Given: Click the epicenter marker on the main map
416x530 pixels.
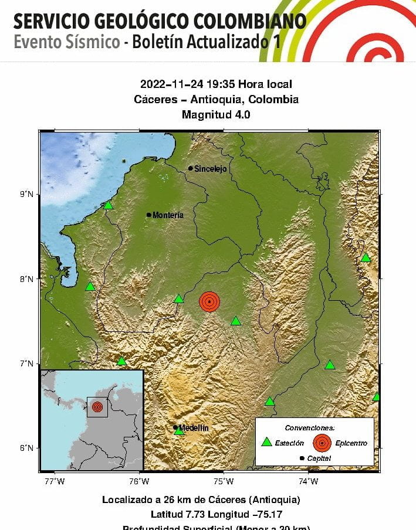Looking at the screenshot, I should point(209,301).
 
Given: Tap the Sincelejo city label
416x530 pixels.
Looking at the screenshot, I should point(211,169).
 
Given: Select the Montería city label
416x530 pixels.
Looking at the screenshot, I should point(168,215).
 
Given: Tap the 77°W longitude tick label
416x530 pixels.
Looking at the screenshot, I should point(55,482).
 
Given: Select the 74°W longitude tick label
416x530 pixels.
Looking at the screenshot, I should point(309,482).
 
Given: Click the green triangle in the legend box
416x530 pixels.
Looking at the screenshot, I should point(267,443).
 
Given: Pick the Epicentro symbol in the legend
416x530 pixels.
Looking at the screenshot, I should point(322,443).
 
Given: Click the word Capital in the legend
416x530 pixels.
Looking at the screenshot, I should point(319,458).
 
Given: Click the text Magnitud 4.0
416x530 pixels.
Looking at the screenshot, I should point(216,115).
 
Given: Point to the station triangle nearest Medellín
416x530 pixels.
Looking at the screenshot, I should point(179,431).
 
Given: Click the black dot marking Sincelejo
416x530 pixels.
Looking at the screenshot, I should point(191,168).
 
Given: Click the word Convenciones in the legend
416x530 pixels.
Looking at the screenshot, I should point(309,428).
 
